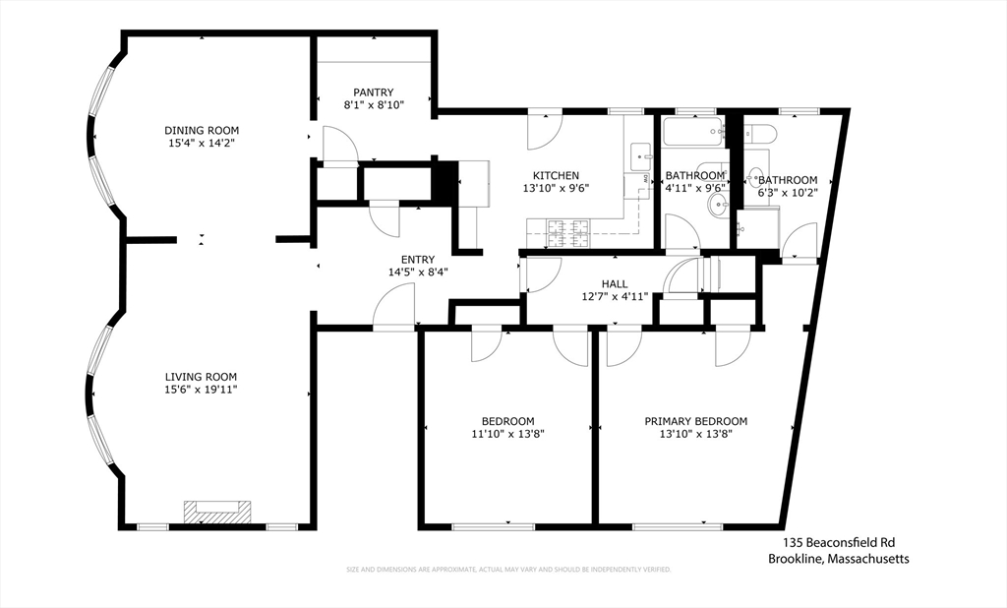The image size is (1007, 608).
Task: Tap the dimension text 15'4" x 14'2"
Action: point(202,143)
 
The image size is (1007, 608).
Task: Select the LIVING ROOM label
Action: point(201,377)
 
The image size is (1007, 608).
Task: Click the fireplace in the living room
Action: point(217,511)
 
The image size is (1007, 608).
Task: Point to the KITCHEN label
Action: point(556,176)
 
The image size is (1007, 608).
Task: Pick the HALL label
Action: point(615,284)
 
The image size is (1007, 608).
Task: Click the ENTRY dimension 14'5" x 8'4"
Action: point(418,273)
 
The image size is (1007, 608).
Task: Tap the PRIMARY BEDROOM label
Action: point(695,421)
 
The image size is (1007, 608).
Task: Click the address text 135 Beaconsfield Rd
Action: point(839,542)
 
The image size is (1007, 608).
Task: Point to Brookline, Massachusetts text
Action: point(839,558)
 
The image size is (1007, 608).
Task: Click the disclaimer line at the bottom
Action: point(507,570)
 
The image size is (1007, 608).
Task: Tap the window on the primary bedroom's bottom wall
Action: point(678,526)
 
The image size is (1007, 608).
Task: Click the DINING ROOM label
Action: point(202,130)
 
